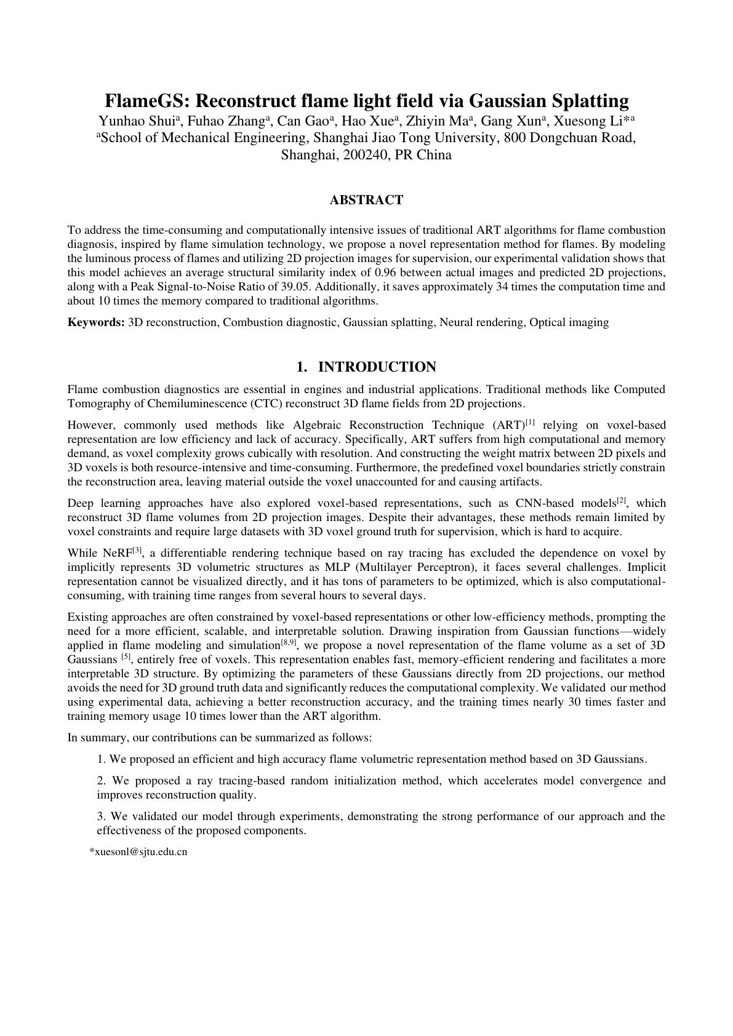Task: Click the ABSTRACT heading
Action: [x=366, y=200]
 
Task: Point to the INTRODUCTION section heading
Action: [x=377, y=367]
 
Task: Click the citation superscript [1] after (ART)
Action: [x=530, y=422]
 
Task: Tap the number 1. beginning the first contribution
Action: [x=102, y=759]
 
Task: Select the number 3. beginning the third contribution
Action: [x=102, y=816]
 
